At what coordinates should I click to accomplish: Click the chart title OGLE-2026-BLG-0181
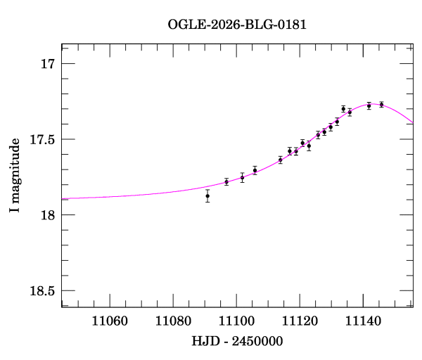pos(237,25)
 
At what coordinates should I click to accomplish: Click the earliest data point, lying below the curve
pos(207,195)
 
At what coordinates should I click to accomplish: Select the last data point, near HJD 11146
pos(381,104)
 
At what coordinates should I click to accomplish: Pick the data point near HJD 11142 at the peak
pos(369,105)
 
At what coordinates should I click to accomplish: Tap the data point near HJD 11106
pos(255,169)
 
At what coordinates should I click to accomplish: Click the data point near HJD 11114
pos(280,160)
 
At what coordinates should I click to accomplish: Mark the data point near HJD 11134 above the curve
pos(343,108)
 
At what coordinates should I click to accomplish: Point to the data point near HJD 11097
pos(226,181)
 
